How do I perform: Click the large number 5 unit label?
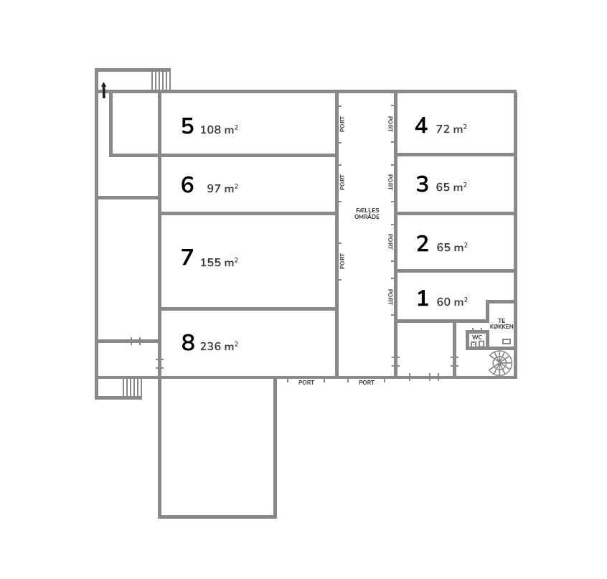187,126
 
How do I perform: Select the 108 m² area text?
219,129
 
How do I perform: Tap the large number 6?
187,184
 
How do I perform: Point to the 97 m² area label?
222,188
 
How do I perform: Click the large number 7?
187,257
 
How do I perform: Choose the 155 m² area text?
219,262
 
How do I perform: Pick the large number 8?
188,342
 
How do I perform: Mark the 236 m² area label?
219,346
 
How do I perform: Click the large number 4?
421,126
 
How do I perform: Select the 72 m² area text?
451,128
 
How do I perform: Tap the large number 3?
423,184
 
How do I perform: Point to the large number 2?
423,244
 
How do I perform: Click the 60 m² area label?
452,301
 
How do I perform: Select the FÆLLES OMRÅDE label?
367,214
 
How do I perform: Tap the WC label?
477,337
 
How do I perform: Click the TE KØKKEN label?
502,324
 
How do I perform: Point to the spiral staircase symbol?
501,363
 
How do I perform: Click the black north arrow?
104,90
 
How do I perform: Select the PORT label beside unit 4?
390,124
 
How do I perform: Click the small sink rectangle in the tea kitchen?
507,342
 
